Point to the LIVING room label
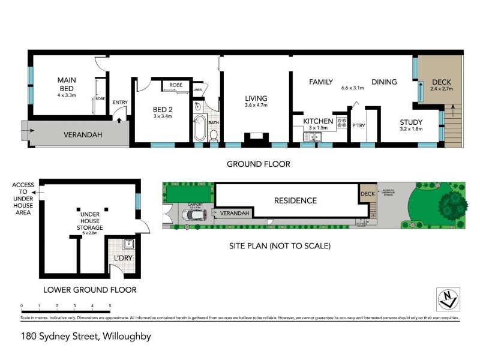coord(256,98)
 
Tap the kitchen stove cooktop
coord(343,124)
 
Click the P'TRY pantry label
coord(359,125)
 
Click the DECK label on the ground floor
coord(441,82)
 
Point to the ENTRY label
coord(120,102)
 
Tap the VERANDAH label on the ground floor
coord(83,135)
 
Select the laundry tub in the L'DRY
coord(127,244)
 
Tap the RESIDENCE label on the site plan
coord(295,200)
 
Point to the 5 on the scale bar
coord(110,306)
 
